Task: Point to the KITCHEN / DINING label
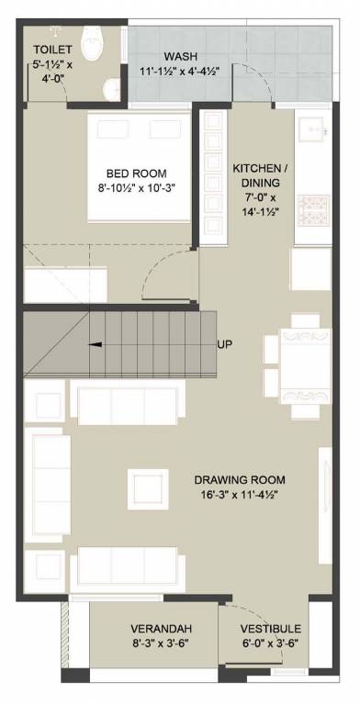(260, 174)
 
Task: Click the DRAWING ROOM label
(239, 480)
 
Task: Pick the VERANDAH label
(160, 628)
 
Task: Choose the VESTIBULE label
(270, 628)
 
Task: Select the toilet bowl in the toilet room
(93, 41)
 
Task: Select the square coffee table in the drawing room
(148, 487)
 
